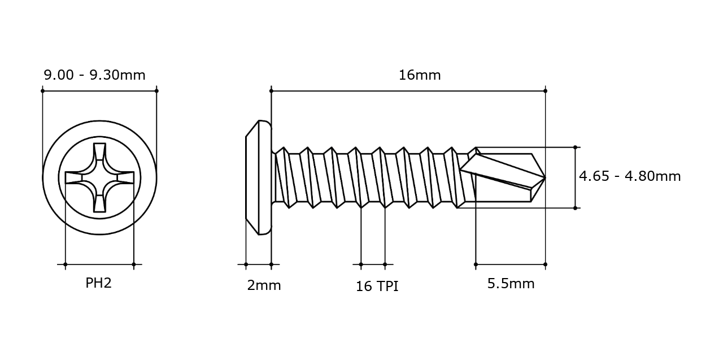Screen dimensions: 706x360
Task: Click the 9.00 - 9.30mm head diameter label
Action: [x=94, y=75]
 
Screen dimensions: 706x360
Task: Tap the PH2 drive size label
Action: [x=99, y=283]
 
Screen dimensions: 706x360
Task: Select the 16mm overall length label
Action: [x=420, y=75]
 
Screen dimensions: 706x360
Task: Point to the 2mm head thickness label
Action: [x=264, y=285]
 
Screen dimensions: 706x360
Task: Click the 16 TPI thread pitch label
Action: [x=377, y=286]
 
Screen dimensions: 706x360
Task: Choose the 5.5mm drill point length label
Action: [x=511, y=284]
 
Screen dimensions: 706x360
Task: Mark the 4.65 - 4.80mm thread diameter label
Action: [x=630, y=176]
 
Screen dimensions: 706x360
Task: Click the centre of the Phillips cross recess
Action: [x=99, y=178]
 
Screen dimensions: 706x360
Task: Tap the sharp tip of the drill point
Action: [x=545, y=178]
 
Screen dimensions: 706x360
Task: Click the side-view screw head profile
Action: [x=259, y=177]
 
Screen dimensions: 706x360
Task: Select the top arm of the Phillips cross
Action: [x=99, y=152]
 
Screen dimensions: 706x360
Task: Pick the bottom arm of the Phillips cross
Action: [x=99, y=203]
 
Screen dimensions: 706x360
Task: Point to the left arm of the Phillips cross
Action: [x=74, y=178]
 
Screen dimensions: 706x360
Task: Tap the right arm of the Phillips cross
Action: [x=125, y=178]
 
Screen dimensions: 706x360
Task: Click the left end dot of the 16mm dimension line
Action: [x=271, y=91]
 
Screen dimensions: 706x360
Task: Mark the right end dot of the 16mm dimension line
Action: [x=545, y=91]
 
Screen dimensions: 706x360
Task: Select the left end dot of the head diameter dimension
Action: [x=42, y=91]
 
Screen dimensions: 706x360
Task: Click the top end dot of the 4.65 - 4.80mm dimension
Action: [x=575, y=147]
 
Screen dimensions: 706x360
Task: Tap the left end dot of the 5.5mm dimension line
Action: [x=476, y=264]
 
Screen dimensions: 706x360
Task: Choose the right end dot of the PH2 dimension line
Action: [x=134, y=264]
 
